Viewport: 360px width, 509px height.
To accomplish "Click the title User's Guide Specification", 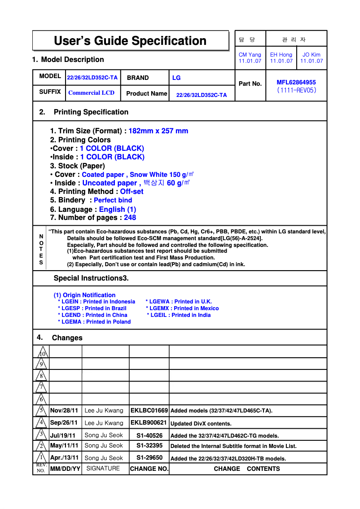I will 130,41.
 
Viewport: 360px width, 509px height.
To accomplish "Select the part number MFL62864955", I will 296,82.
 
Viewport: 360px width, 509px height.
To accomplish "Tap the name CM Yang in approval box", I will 250,55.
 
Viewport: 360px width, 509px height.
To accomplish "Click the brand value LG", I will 176,78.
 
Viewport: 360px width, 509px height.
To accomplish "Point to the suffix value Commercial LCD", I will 91,93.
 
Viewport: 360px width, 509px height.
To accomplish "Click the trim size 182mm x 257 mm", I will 158,131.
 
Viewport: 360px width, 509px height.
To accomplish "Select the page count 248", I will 130,218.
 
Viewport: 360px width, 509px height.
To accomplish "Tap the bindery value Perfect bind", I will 113,200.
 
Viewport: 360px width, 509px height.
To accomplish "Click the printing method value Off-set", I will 132,192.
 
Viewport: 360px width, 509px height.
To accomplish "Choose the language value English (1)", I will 117,209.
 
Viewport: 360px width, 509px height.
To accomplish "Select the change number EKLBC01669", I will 149,411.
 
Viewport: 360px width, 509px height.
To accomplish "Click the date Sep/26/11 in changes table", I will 64,423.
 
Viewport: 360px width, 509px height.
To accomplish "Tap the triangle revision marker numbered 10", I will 41,352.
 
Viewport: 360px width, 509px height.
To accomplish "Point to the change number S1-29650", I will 149,458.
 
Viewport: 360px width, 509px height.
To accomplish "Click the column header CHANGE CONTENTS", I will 246,469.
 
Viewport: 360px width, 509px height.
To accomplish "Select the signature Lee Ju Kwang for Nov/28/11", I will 104,411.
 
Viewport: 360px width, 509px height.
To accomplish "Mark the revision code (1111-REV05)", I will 296,90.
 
